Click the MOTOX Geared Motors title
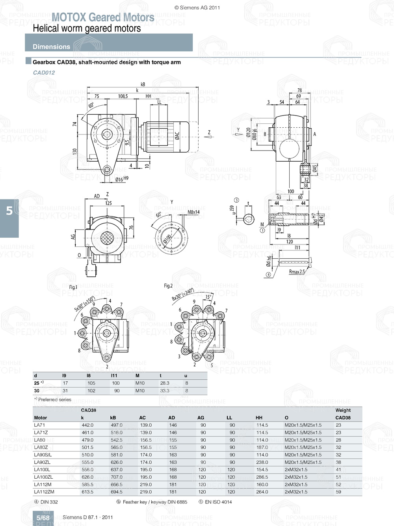tap(103, 17)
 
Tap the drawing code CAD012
tap(44, 73)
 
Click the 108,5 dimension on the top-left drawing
tap(123, 96)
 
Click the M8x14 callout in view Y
tap(193, 212)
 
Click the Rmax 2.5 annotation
tap(296, 272)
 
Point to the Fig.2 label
tap(168, 286)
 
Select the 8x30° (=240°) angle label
tap(182, 295)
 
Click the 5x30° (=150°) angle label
tap(85, 304)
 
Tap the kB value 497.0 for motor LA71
tap(116, 425)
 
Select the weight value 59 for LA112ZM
tap(338, 492)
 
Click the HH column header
tap(259, 418)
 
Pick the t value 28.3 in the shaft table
tap(164, 383)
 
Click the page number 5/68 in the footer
tap(43, 518)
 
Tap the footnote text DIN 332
tap(49, 502)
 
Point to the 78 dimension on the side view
tap(299, 90)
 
